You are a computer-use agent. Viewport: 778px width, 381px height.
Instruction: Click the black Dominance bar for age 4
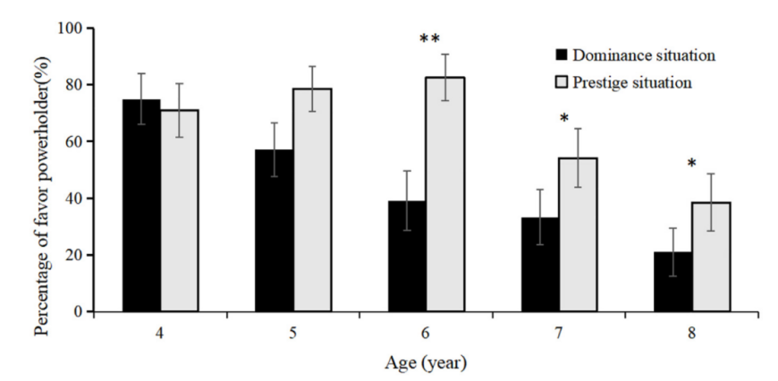tap(141, 206)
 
